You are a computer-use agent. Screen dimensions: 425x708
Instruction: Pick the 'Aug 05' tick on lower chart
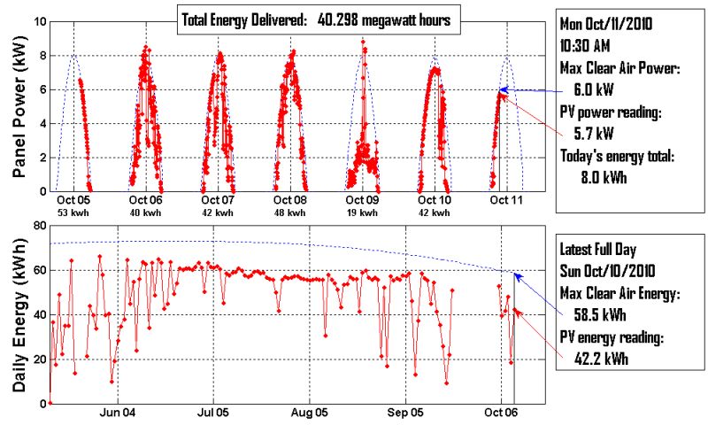pos(310,413)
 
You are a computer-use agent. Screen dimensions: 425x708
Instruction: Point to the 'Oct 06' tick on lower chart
pos(501,413)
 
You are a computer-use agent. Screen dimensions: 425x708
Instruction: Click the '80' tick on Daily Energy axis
pos(40,226)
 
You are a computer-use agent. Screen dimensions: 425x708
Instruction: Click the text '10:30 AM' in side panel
pos(591,44)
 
